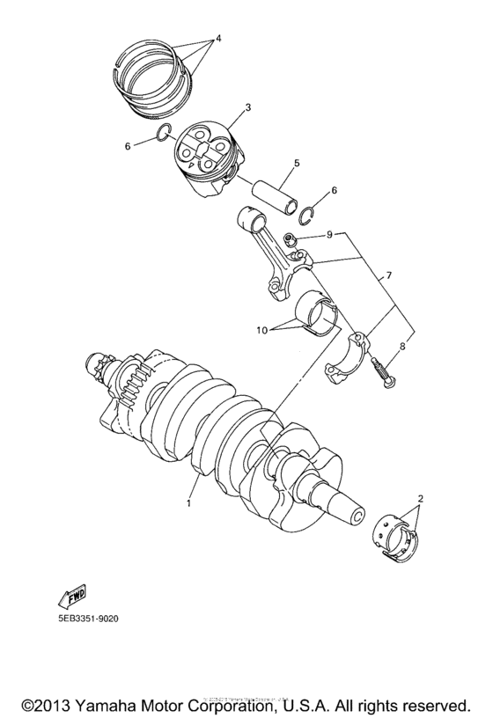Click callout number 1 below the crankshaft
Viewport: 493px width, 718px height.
[188, 504]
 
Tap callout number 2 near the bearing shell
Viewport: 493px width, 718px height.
[420, 499]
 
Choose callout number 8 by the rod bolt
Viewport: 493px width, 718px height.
[401, 347]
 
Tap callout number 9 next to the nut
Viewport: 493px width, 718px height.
[327, 234]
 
